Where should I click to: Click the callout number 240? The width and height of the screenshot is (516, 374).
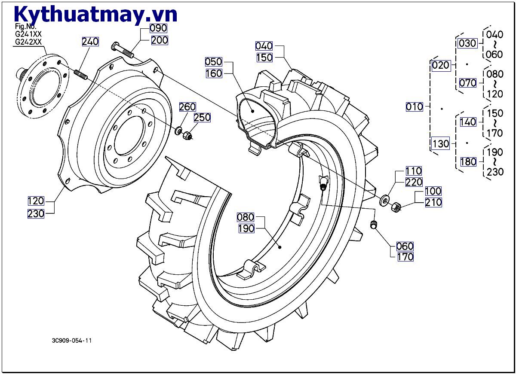90,42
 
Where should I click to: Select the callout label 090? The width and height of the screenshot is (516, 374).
159,28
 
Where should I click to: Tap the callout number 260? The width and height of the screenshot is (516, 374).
187,107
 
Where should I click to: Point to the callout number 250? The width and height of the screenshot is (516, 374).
202,118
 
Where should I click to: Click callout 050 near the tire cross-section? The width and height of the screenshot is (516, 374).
213,61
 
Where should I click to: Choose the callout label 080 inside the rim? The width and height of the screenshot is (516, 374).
246,217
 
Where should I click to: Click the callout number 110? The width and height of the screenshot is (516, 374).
413,171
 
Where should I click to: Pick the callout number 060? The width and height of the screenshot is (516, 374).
405,246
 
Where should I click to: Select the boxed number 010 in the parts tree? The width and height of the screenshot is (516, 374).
415,106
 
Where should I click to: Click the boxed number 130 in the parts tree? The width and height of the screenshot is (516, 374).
440,144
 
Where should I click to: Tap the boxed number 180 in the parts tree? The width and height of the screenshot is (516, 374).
468,161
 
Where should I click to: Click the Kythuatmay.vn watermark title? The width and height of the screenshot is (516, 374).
95,14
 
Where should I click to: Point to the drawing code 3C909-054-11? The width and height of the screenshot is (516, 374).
72,341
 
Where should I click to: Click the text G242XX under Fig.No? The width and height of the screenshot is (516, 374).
28,42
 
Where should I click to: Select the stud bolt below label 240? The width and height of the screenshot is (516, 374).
80,74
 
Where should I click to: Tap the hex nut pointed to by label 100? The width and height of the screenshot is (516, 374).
396,208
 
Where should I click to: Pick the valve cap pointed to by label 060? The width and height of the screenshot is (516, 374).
374,224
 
